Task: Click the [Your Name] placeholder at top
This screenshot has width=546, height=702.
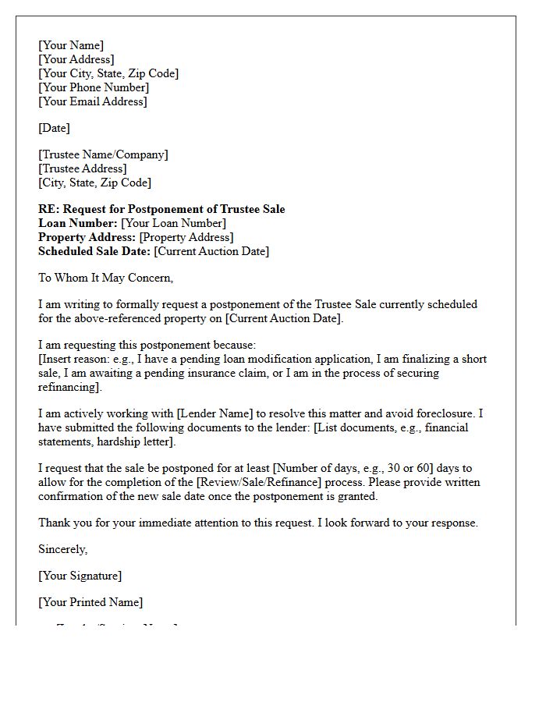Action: [x=71, y=45]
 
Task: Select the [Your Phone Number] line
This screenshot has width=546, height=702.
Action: [x=94, y=87]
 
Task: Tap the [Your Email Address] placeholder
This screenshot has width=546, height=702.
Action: [x=93, y=101]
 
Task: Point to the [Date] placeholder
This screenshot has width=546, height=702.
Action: [x=54, y=128]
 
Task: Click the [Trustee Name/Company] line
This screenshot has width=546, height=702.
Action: [x=103, y=154]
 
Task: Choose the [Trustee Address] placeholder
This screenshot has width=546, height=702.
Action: [x=82, y=168]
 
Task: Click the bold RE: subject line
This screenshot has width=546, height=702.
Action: [x=161, y=209]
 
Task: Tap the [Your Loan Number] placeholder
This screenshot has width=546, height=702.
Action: [x=173, y=223]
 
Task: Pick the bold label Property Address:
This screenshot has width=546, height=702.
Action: [x=87, y=237]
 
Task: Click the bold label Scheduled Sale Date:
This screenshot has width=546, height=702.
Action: [x=94, y=251]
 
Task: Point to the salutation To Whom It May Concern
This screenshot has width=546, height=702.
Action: [x=105, y=278]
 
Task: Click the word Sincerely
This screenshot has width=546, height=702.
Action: [x=62, y=549]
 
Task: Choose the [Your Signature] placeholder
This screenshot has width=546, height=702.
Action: [x=80, y=576]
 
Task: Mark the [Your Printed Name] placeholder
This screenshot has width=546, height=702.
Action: [x=90, y=602]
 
